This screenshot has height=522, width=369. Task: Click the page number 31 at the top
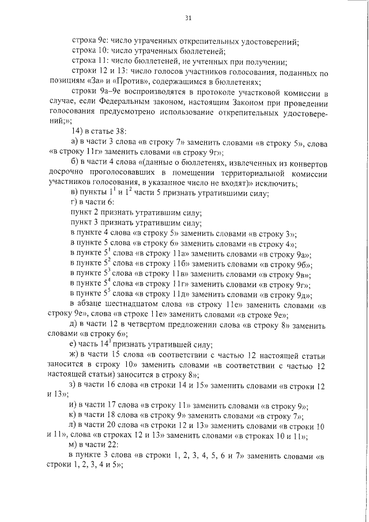click(x=188, y=18)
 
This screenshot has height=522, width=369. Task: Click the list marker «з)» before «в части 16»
click(x=73, y=385)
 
